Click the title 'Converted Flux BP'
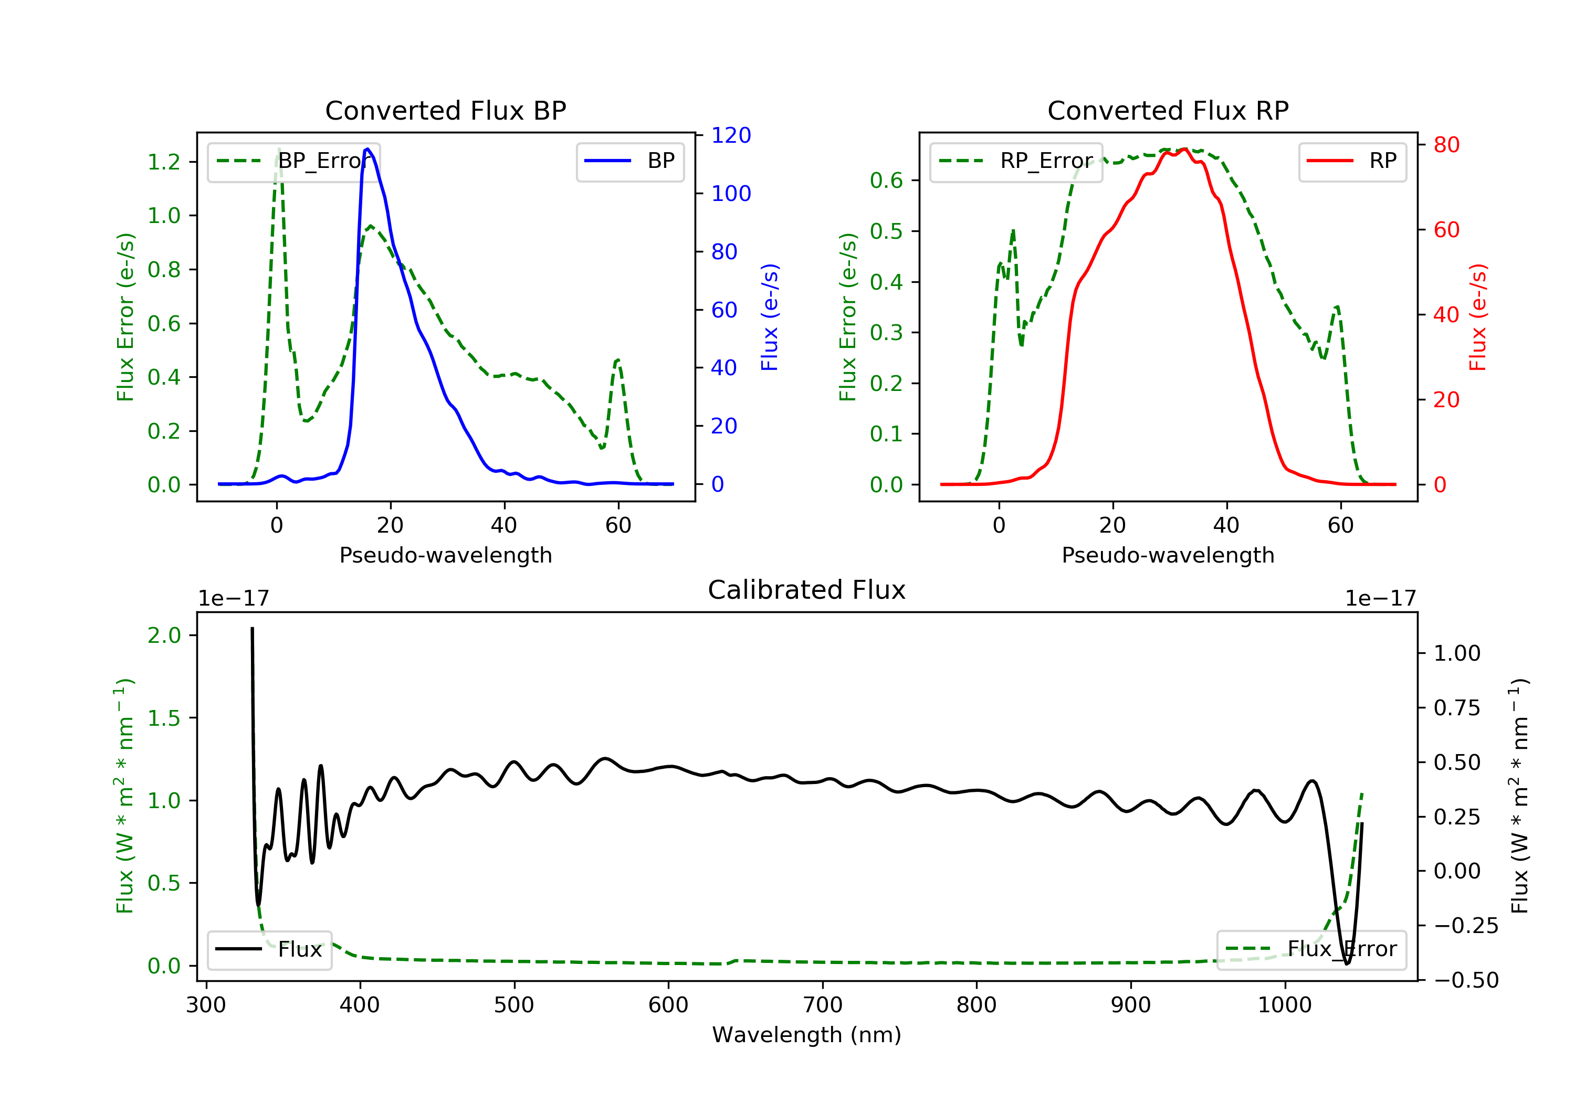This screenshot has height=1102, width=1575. click(x=445, y=110)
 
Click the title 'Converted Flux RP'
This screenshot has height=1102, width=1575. click(x=1168, y=110)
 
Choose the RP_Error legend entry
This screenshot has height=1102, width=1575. click(x=1016, y=161)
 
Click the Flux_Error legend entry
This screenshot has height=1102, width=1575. click(x=1311, y=949)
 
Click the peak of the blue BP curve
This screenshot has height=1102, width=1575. click(x=367, y=149)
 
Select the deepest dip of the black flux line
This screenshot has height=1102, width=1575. click(x=1347, y=963)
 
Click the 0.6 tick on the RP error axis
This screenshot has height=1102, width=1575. click(x=886, y=181)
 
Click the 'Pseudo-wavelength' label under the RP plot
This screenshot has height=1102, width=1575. click(x=1168, y=555)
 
